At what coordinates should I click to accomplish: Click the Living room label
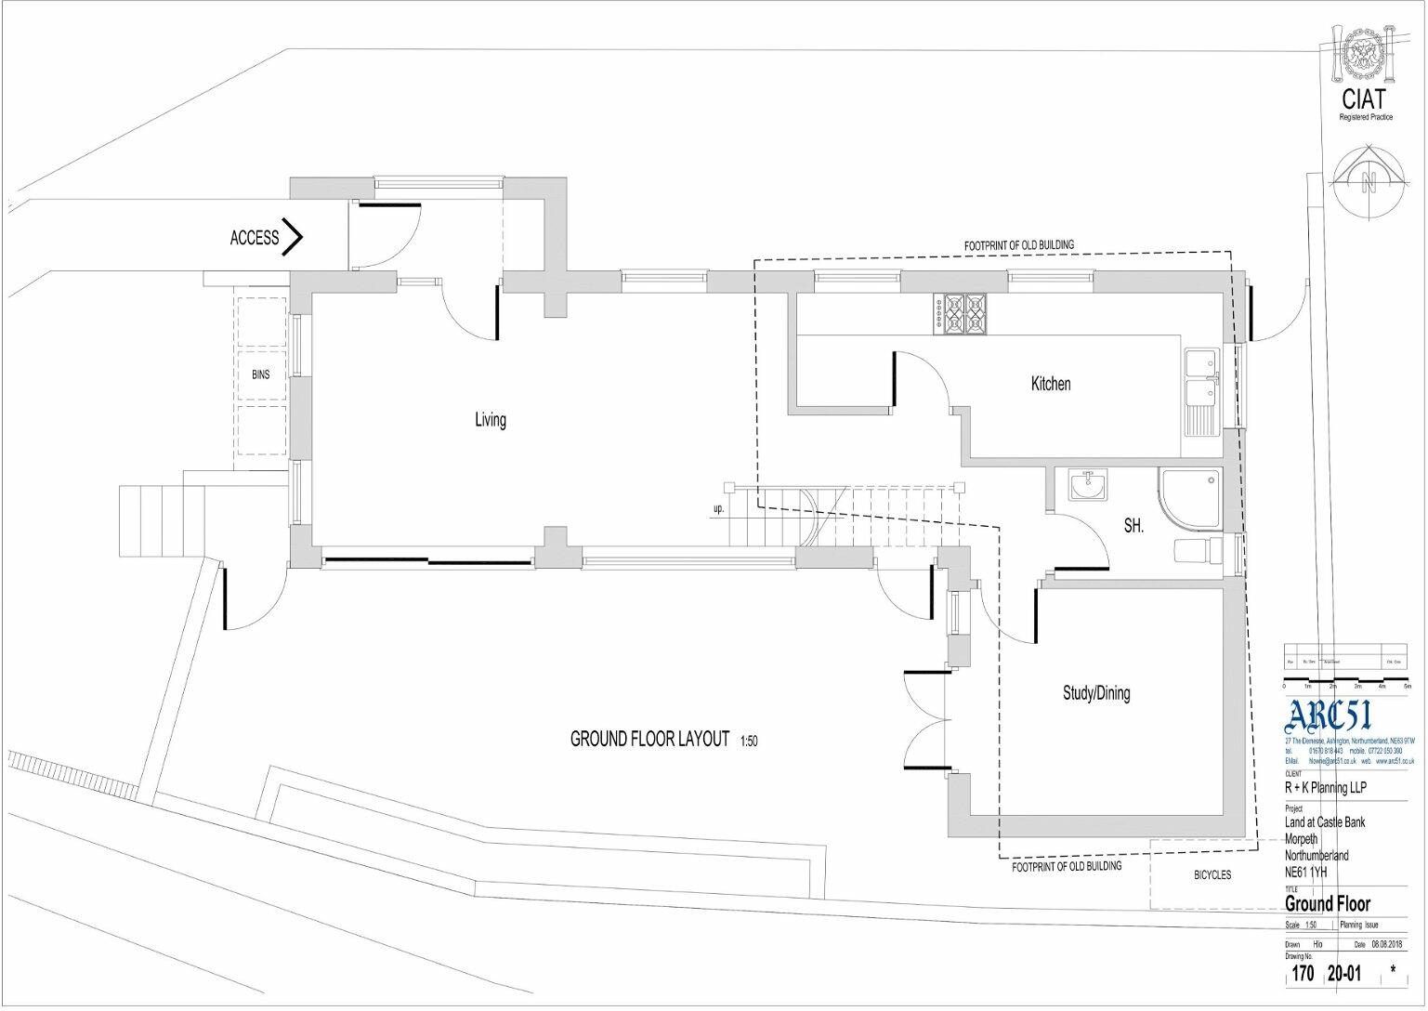(x=491, y=420)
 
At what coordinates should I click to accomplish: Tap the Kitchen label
(x=1051, y=384)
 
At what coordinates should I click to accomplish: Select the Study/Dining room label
(x=1096, y=693)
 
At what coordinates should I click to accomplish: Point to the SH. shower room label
(x=1133, y=526)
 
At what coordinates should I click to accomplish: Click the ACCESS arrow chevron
(x=293, y=237)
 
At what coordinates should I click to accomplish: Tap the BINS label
(x=261, y=374)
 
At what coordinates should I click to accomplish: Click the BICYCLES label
(x=1212, y=874)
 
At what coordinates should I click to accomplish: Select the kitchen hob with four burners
(x=963, y=313)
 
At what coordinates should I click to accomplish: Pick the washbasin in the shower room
(x=1087, y=485)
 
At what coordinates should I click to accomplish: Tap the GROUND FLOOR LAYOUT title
(x=649, y=739)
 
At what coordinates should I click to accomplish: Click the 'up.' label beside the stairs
(x=718, y=509)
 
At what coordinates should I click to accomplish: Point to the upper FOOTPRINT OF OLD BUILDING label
(x=1018, y=244)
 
